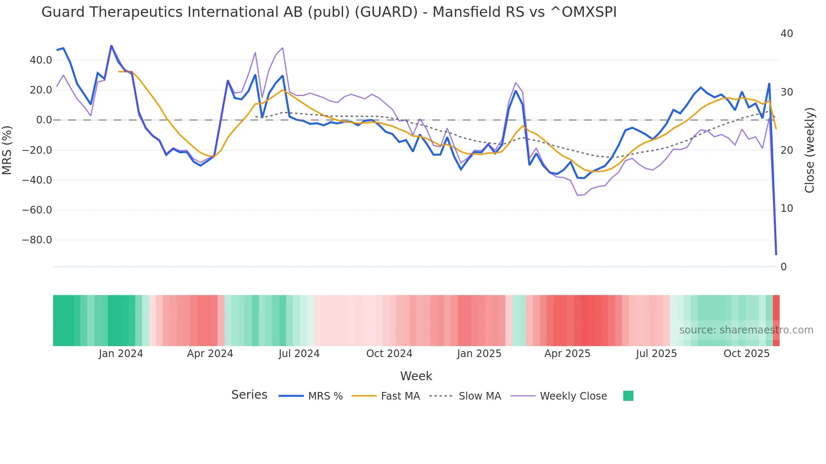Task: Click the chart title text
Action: [x=329, y=12]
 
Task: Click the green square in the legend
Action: [x=628, y=396]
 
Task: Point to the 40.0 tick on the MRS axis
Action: [x=41, y=60]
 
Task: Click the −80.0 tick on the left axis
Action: [x=37, y=240]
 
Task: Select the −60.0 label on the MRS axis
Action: [x=37, y=210]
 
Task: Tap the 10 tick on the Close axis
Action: [x=787, y=208]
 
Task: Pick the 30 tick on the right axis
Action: [x=787, y=92]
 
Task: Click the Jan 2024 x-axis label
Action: [x=121, y=354]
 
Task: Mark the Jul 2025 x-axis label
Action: [x=656, y=354]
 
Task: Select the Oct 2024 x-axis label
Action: [x=389, y=354]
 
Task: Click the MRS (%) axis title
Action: [x=7, y=150]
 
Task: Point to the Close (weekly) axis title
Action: [x=809, y=150]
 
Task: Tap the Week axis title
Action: [x=416, y=376]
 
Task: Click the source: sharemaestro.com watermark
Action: [x=746, y=330]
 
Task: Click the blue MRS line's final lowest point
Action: [x=776, y=254]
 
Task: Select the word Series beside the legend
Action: [x=249, y=395]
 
